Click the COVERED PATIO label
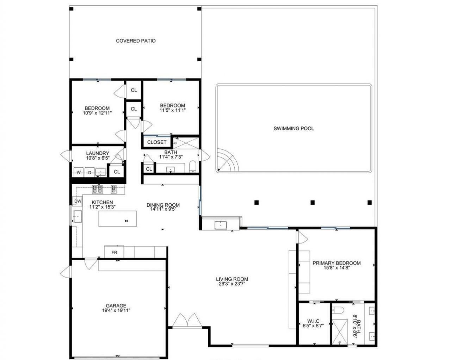tap(136, 41)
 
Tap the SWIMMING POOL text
tap(294, 129)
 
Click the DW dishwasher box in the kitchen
tap(78, 201)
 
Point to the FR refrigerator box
tap(114, 252)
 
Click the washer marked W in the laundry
tap(79, 172)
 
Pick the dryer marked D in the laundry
tap(90, 172)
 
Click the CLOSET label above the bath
tap(156, 142)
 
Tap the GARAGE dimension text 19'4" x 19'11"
tap(116, 310)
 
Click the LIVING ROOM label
tap(232, 279)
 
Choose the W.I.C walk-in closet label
tap(313, 321)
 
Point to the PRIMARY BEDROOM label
tap(336, 263)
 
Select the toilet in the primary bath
tap(338, 310)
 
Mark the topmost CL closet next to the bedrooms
tap(134, 90)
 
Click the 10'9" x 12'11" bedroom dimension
tap(97, 113)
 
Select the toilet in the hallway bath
tap(193, 166)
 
